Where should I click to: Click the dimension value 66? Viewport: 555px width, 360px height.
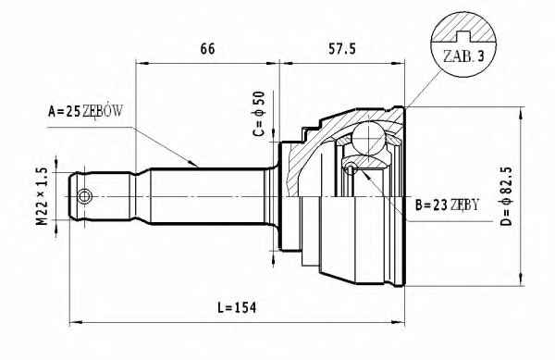coord(207,49)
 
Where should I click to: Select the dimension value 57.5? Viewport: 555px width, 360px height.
coord(341,49)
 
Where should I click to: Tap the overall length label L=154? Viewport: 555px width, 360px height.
coord(237,307)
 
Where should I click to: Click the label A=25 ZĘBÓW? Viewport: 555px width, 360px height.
coord(85,111)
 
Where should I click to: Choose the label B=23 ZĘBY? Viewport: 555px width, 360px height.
coord(447,205)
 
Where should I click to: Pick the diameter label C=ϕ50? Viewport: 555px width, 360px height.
coord(259,114)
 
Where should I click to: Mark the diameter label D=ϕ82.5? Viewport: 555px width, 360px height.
coord(507,196)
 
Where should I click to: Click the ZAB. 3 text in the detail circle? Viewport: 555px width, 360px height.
coord(463,56)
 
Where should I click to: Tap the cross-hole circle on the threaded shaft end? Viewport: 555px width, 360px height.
coord(84,196)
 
